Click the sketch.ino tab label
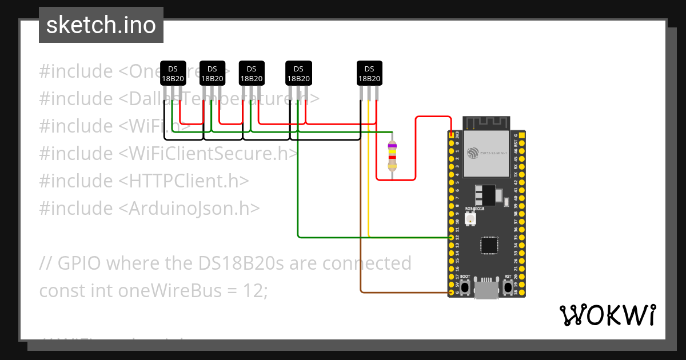(101, 25)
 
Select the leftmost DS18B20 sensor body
(173, 73)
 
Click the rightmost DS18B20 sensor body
(369, 73)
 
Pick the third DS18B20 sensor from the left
(252, 73)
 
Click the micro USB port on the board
(485, 290)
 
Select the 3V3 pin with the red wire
(452, 135)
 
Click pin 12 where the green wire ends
(452, 237)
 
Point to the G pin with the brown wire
(452, 293)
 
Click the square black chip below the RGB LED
(489, 245)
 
